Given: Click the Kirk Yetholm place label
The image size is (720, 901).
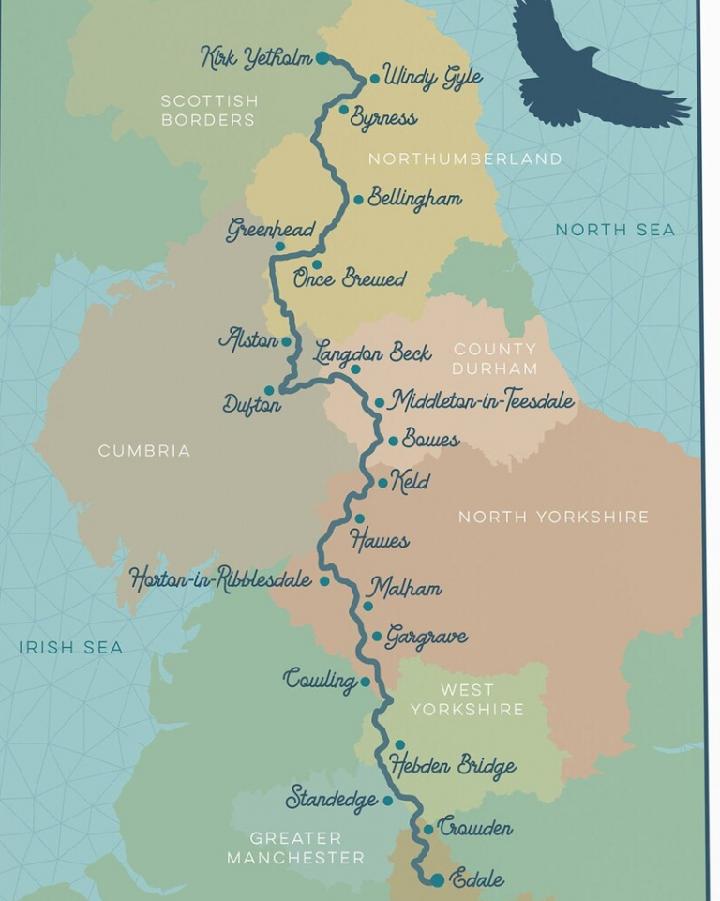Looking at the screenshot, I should [256, 58].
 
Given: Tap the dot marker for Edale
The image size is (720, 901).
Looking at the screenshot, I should [437, 879].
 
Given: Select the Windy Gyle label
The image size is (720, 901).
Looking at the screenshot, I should [432, 77].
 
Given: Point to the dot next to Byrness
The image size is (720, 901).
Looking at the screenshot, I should [344, 110].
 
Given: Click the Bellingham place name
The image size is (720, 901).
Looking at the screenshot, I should [414, 199].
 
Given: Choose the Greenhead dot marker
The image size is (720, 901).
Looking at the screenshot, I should [279, 247].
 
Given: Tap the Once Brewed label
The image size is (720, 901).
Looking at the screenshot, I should [349, 278].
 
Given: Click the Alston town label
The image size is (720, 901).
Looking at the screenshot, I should [248, 339].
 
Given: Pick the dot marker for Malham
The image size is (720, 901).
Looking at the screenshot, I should [367, 606].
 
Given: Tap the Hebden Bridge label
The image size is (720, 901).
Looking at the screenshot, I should [453, 766].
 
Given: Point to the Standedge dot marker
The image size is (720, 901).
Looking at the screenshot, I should [387, 801].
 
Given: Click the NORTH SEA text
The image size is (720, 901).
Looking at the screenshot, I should [615, 230].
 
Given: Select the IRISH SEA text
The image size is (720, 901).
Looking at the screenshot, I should [70, 647].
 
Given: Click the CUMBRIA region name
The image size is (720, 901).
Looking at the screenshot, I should [144, 451].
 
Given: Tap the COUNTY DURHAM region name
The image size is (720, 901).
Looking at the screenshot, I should [496, 359].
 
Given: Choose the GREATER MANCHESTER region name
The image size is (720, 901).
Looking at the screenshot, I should [295, 848].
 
